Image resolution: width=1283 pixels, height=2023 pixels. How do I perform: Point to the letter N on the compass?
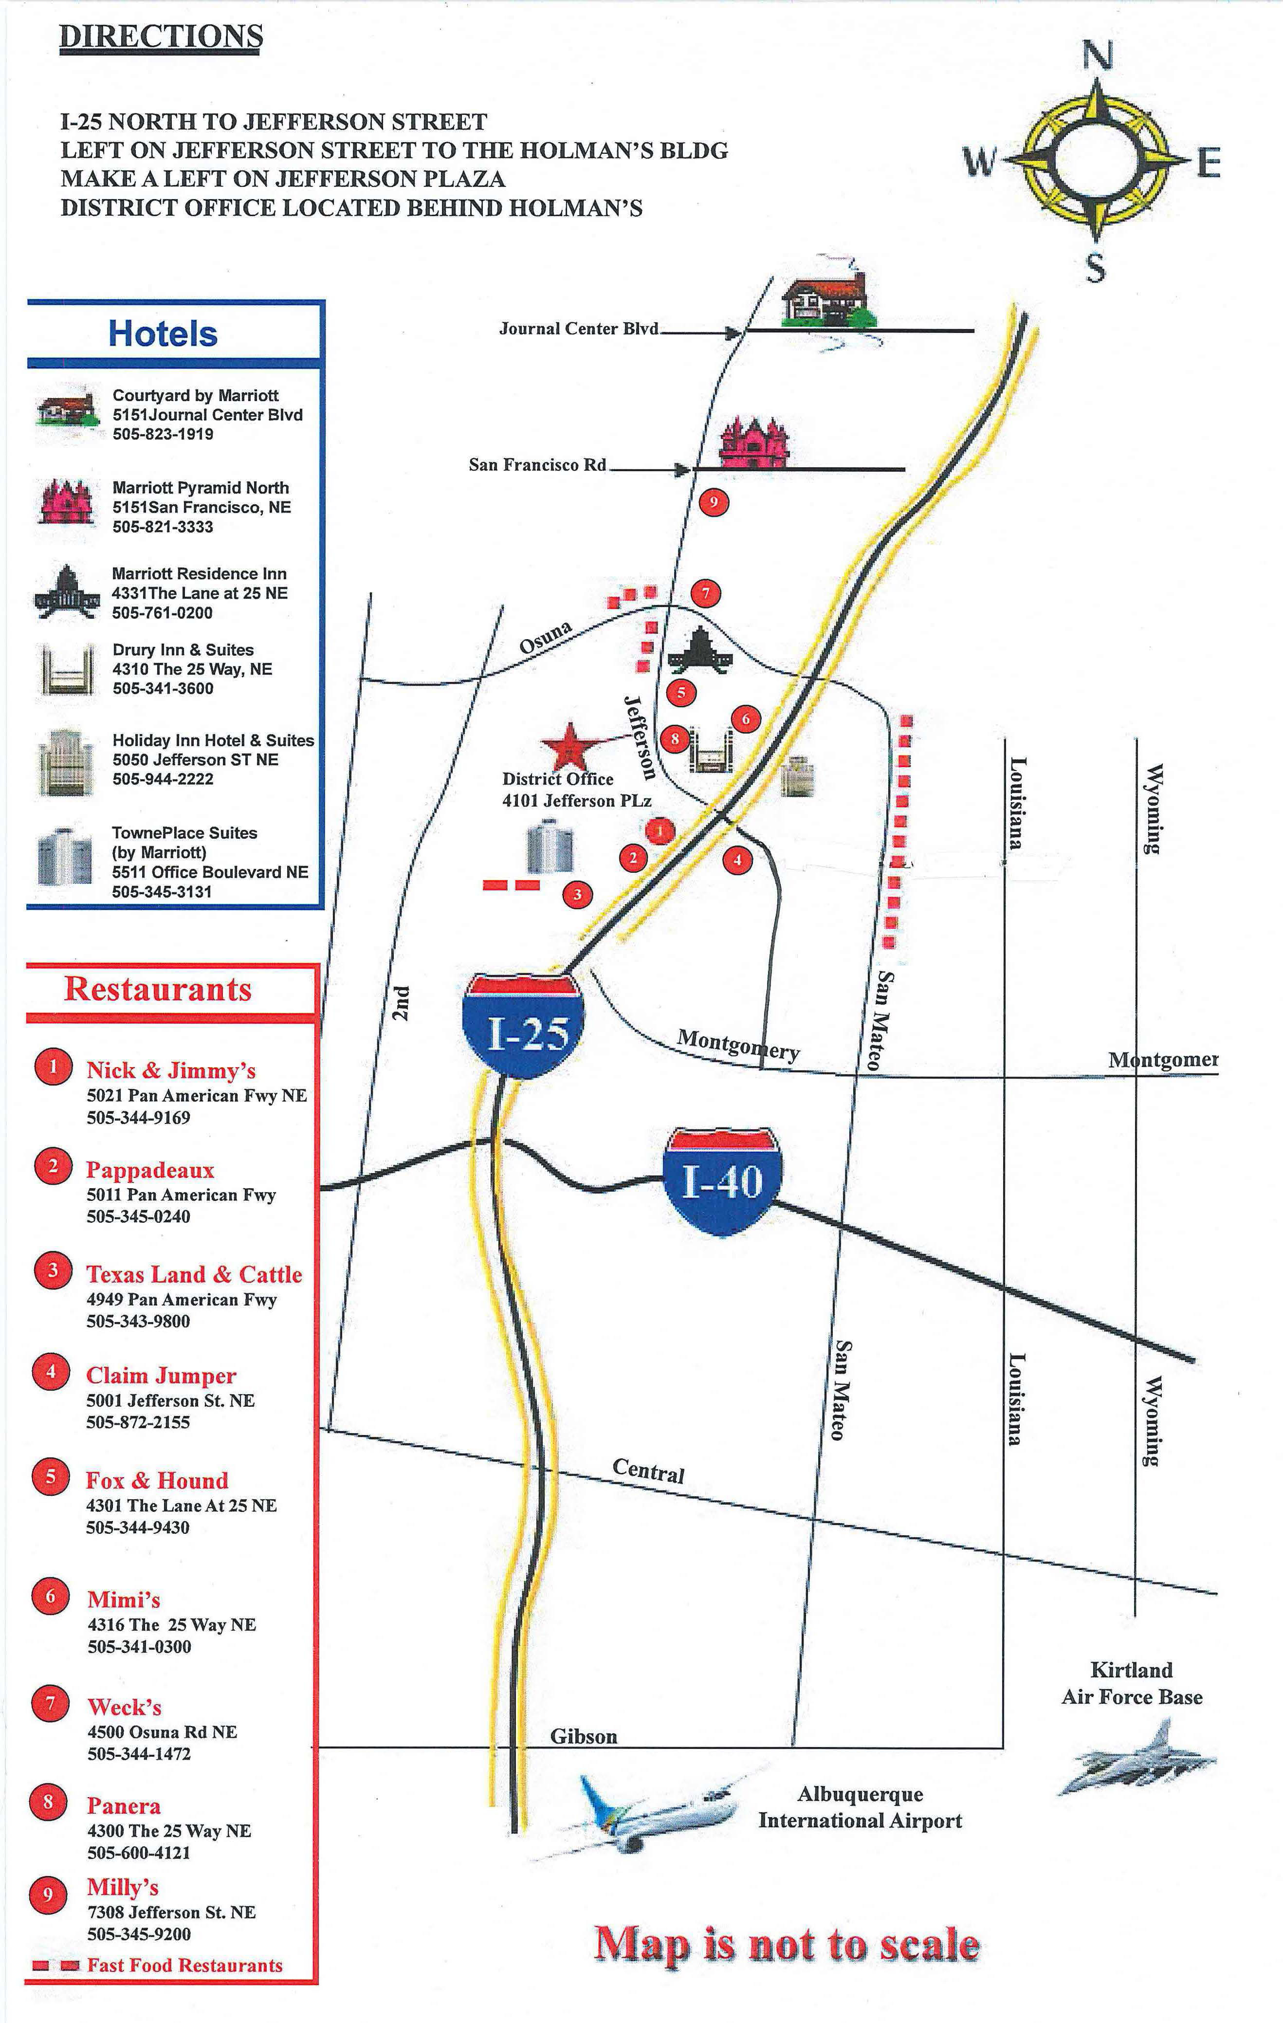pos(1097,56)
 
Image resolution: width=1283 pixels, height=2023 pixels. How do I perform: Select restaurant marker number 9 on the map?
pos(714,502)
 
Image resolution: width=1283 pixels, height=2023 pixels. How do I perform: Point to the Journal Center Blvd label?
pos(579,329)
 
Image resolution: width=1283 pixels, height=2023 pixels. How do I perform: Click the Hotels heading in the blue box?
pos(163,333)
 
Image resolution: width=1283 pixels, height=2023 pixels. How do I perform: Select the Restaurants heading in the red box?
pos(158,989)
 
